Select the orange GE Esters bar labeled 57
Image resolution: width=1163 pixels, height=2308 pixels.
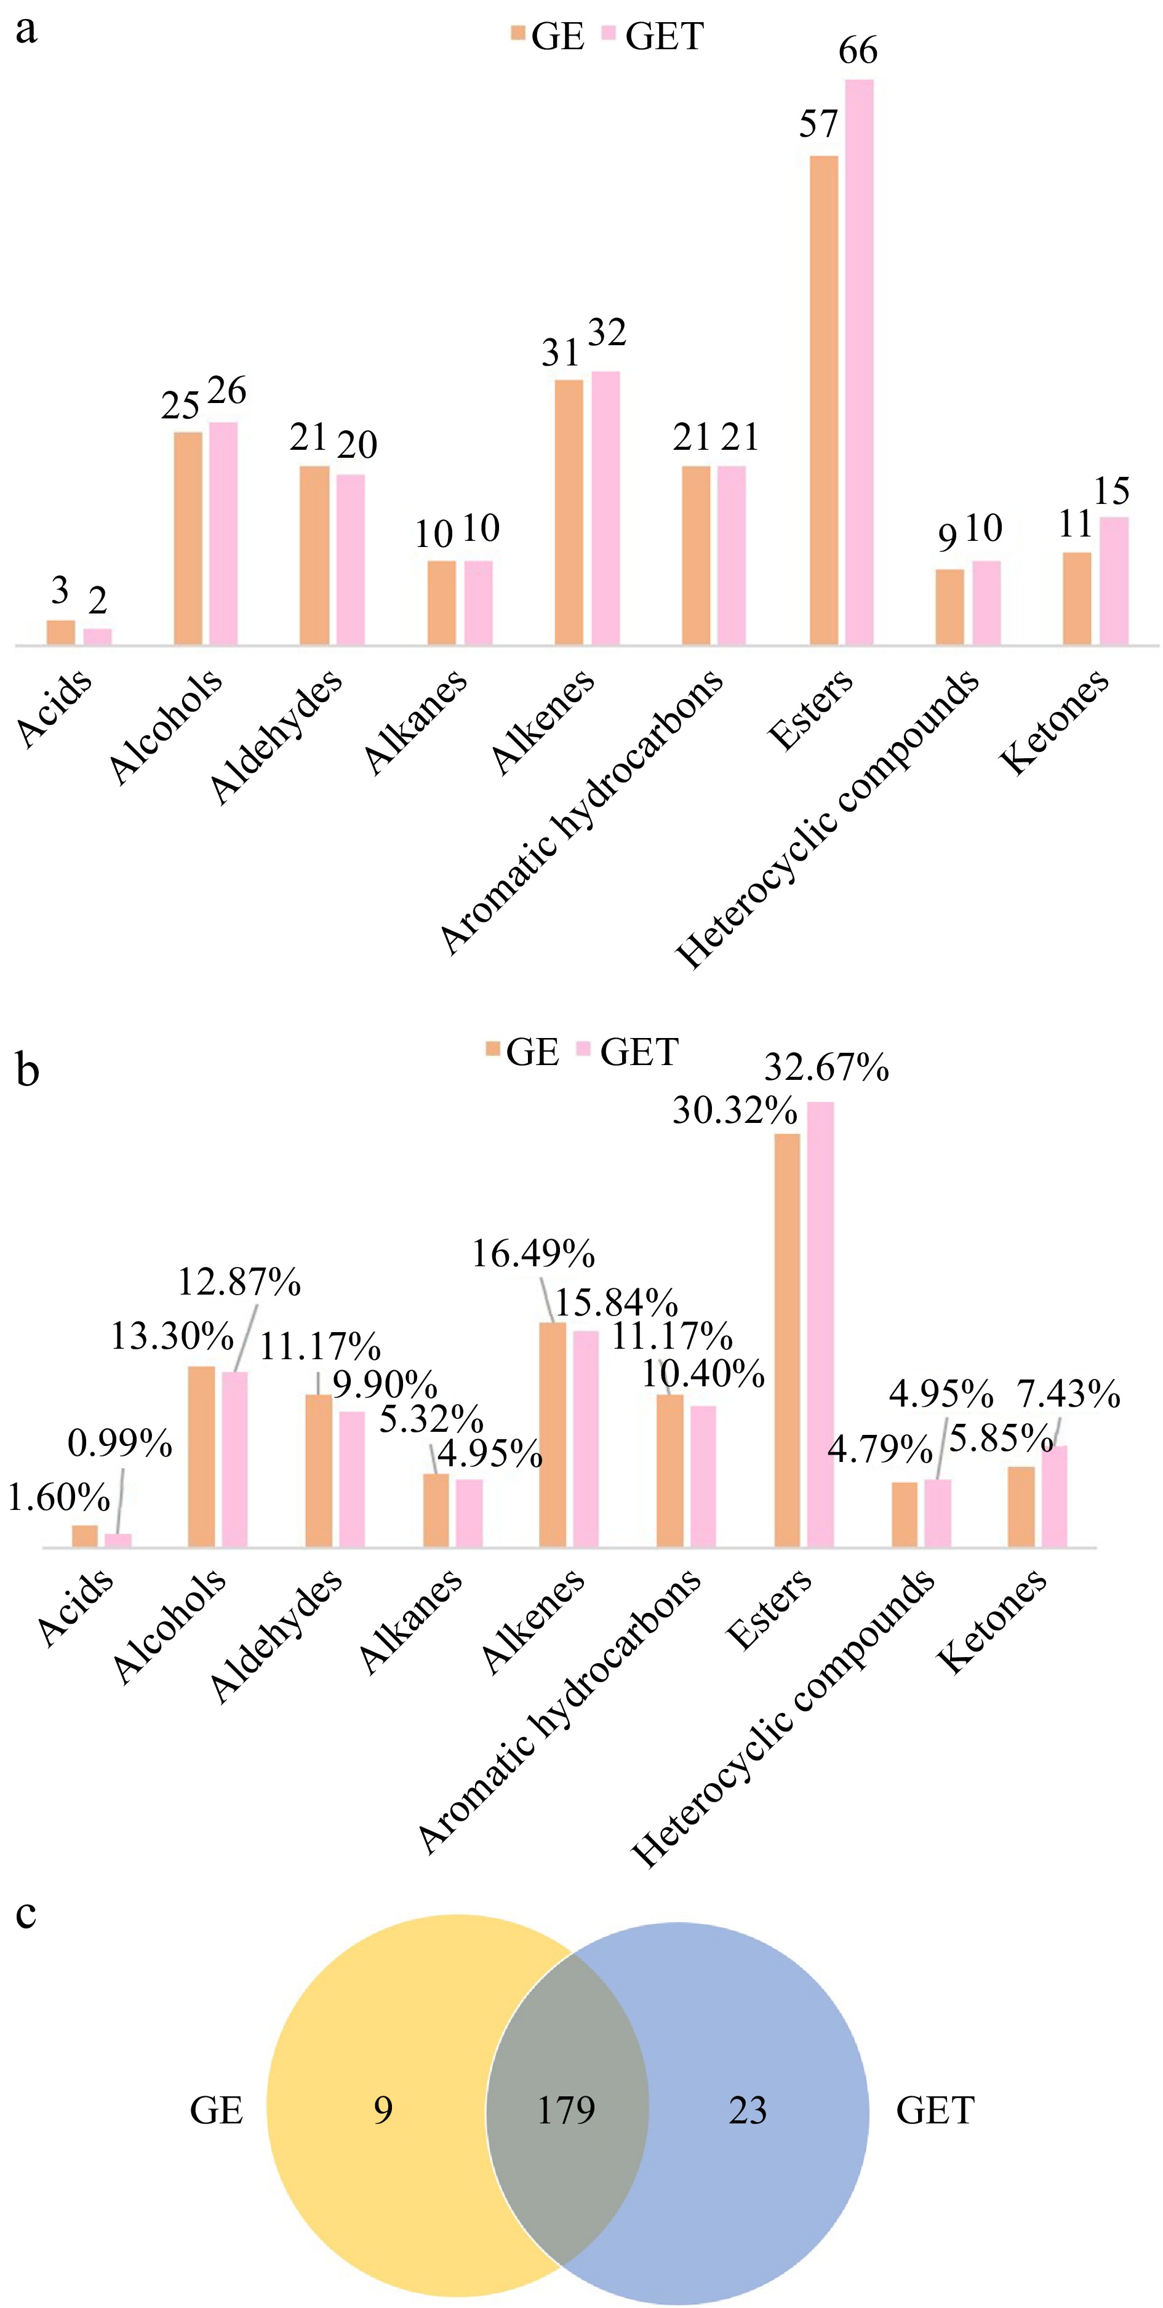[x=823, y=401]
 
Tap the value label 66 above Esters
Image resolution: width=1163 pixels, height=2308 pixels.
[x=857, y=51]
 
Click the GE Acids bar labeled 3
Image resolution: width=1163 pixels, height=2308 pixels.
[x=60, y=632]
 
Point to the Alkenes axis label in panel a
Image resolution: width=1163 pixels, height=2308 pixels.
[x=543, y=722]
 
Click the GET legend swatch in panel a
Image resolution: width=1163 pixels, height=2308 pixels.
[x=609, y=34]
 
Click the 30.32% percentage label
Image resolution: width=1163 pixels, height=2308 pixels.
[x=734, y=1111]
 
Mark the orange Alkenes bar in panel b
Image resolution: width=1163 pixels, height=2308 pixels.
[x=552, y=1434]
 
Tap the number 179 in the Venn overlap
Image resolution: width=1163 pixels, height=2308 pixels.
[x=566, y=2110]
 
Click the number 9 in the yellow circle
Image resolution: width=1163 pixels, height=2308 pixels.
[x=383, y=2110]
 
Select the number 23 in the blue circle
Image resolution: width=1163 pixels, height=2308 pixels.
[x=747, y=2110]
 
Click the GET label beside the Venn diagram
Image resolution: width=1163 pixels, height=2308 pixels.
[x=935, y=2110]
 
